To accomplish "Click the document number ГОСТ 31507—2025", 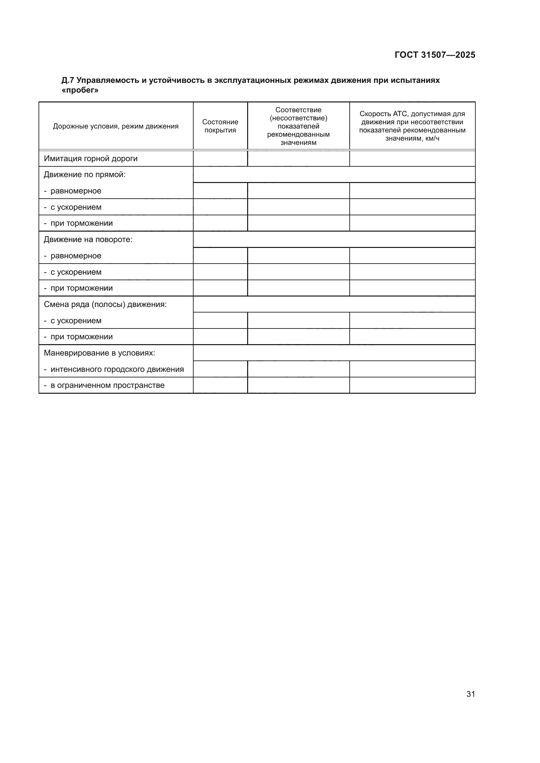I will [435, 55].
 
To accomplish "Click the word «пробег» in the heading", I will [80, 90].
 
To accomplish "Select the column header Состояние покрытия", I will [220, 126].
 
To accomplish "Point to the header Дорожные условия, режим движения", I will [116, 126].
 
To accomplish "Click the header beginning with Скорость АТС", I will [412, 126].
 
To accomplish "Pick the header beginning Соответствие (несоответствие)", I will [298, 126].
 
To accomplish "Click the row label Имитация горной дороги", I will [91, 159].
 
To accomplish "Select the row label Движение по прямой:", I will [85, 175].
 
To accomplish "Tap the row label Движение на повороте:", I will [88, 240].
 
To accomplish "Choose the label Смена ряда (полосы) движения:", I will [105, 304].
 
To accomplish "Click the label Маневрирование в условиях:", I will [100, 353].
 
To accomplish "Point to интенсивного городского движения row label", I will [117, 369].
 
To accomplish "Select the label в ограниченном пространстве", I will [107, 386].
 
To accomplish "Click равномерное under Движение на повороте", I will [76, 256].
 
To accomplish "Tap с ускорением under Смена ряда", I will [76, 321].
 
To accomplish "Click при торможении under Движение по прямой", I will [82, 223].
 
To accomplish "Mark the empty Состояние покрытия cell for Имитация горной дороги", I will [220, 159].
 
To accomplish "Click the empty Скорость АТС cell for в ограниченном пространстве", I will [412, 386].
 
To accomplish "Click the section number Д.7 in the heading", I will [68, 81].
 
